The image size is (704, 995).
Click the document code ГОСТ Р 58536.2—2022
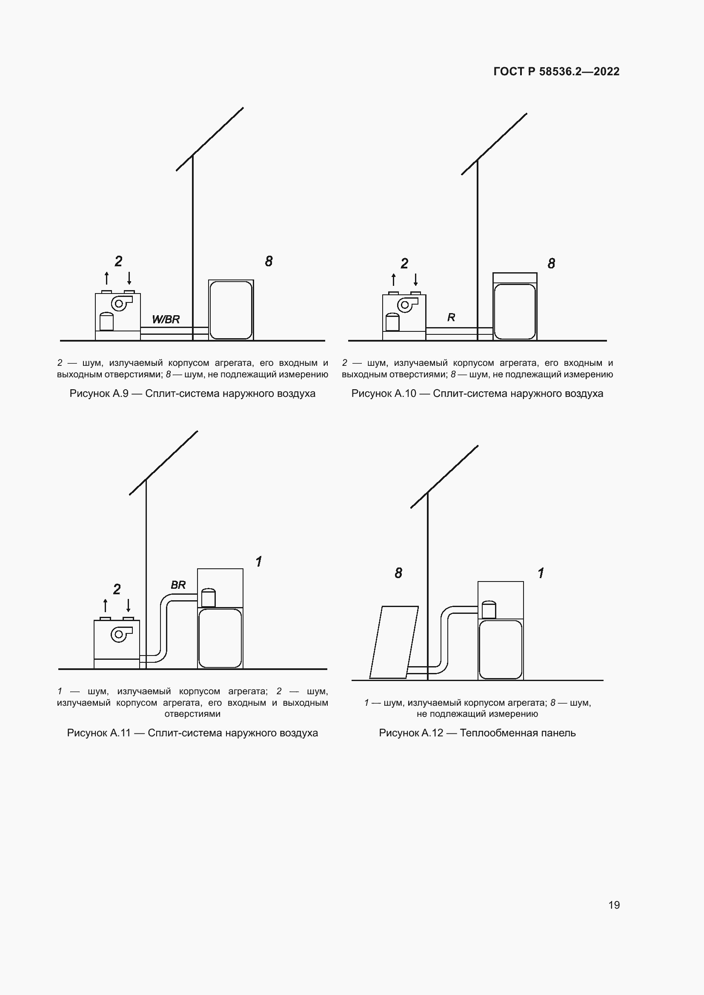pyautogui.click(x=557, y=71)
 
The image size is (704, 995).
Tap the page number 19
pyautogui.click(x=614, y=905)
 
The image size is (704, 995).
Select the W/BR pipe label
pyautogui.click(x=166, y=319)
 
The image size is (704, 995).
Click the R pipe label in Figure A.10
pyautogui.click(x=451, y=317)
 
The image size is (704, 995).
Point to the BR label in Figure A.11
pyautogui.click(x=178, y=585)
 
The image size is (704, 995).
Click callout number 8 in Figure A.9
pyautogui.click(x=269, y=261)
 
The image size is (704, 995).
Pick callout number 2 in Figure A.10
pyautogui.click(x=404, y=263)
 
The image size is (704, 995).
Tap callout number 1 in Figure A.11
pyautogui.click(x=259, y=562)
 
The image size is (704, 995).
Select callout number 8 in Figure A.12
pyautogui.click(x=398, y=573)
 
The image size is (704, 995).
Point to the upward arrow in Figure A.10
pyautogui.click(x=393, y=279)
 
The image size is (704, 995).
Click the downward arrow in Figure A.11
pyautogui.click(x=128, y=605)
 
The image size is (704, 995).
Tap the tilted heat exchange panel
pyautogui.click(x=394, y=642)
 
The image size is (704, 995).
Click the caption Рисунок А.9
pyautogui.click(x=99, y=393)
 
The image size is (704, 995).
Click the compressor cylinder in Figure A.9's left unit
pyautogui.click(x=106, y=321)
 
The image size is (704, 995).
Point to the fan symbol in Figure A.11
pyautogui.click(x=120, y=634)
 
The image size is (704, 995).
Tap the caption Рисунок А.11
pyautogui.click(x=99, y=733)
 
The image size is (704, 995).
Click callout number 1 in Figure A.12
pyautogui.click(x=541, y=573)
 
